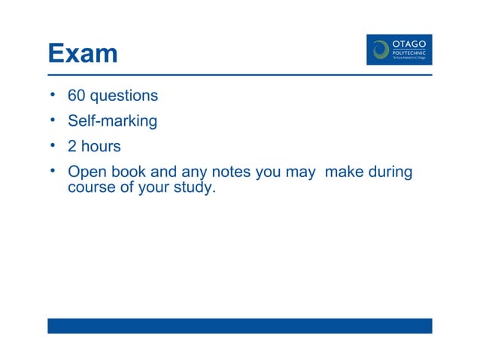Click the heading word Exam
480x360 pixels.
(x=82, y=53)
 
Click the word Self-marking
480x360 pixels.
(x=112, y=121)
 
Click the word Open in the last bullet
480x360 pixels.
(x=85, y=172)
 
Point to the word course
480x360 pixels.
(x=91, y=187)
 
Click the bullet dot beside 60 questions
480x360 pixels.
(x=53, y=96)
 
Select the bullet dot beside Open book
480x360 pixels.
(x=53, y=171)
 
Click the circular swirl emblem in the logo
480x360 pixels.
(x=381, y=50)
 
